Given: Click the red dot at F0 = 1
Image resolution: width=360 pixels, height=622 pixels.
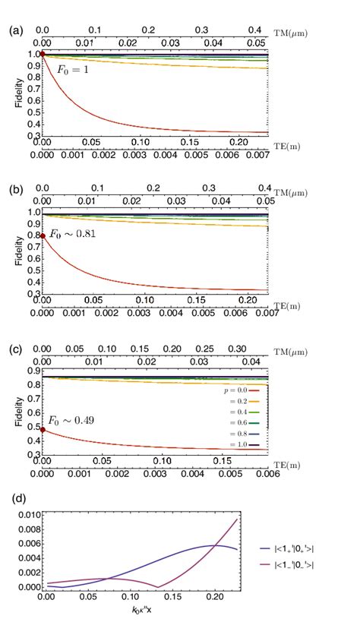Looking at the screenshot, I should point(43,54).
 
